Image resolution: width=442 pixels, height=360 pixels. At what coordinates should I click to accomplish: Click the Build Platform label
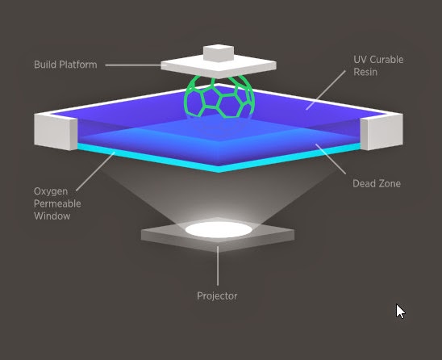click(65, 65)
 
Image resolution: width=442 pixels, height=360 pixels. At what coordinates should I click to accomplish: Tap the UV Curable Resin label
click(378, 65)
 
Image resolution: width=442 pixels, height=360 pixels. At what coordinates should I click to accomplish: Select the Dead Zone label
click(377, 184)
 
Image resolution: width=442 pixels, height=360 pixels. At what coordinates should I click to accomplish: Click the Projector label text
click(217, 296)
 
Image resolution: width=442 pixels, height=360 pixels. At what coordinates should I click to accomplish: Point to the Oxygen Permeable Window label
click(57, 203)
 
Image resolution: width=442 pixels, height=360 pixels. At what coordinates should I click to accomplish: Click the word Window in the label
click(52, 216)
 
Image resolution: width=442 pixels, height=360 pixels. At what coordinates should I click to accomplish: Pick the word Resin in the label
click(365, 72)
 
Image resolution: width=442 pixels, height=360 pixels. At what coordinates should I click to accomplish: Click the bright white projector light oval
click(219, 229)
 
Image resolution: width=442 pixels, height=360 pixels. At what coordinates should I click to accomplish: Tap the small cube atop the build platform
click(219, 53)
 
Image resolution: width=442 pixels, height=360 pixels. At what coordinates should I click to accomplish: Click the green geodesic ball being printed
click(219, 97)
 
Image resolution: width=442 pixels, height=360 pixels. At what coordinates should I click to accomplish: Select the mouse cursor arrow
click(400, 312)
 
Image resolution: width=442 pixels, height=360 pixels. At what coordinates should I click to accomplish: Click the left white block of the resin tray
click(56, 132)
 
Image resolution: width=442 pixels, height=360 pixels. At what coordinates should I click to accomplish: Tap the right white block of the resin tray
click(382, 132)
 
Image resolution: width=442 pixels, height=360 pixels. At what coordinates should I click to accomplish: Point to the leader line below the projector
click(218, 266)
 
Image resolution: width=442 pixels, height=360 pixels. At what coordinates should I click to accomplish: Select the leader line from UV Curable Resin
click(326, 90)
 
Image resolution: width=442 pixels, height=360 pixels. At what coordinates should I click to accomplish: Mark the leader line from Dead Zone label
click(331, 159)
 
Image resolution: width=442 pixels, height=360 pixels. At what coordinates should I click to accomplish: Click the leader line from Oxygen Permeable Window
click(95, 172)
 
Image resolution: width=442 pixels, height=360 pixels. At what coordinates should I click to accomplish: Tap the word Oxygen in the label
click(51, 192)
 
